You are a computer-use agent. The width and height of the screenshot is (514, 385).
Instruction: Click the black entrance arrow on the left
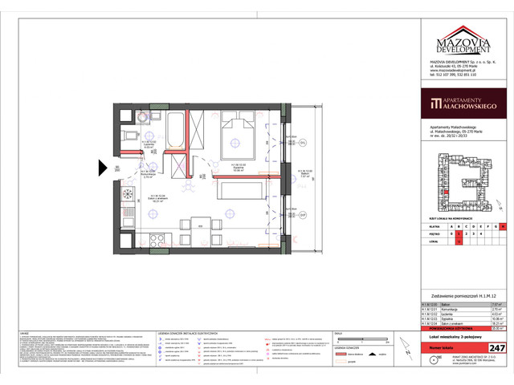(102, 167)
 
